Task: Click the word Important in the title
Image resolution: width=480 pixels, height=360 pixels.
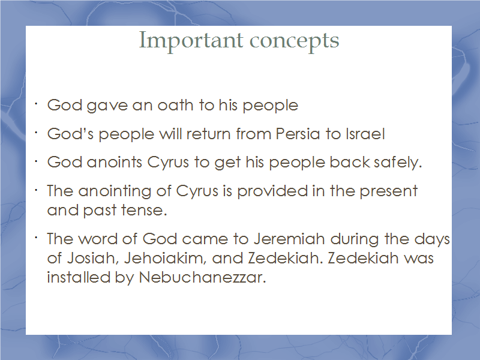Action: click(x=191, y=41)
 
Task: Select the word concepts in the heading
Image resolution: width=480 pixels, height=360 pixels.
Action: click(x=295, y=41)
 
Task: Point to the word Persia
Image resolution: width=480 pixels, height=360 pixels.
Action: click(x=298, y=134)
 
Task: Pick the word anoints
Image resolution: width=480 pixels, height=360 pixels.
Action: click(x=115, y=162)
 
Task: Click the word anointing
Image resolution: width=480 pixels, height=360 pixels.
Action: click(x=115, y=191)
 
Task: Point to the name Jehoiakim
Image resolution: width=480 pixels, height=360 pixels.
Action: click(x=164, y=258)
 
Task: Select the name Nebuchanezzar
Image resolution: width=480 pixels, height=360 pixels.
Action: click(x=202, y=277)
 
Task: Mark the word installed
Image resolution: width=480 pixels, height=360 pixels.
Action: click(x=79, y=277)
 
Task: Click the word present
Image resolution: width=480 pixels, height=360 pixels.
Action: click(x=388, y=191)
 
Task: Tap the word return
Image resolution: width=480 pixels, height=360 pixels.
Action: click(x=208, y=134)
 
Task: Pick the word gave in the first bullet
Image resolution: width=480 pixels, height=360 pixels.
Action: click(x=107, y=105)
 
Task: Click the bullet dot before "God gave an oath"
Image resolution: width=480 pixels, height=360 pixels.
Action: click(x=36, y=104)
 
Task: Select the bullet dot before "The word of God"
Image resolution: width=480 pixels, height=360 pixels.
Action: click(x=36, y=238)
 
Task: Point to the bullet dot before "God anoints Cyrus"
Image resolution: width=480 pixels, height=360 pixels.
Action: click(x=36, y=161)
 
